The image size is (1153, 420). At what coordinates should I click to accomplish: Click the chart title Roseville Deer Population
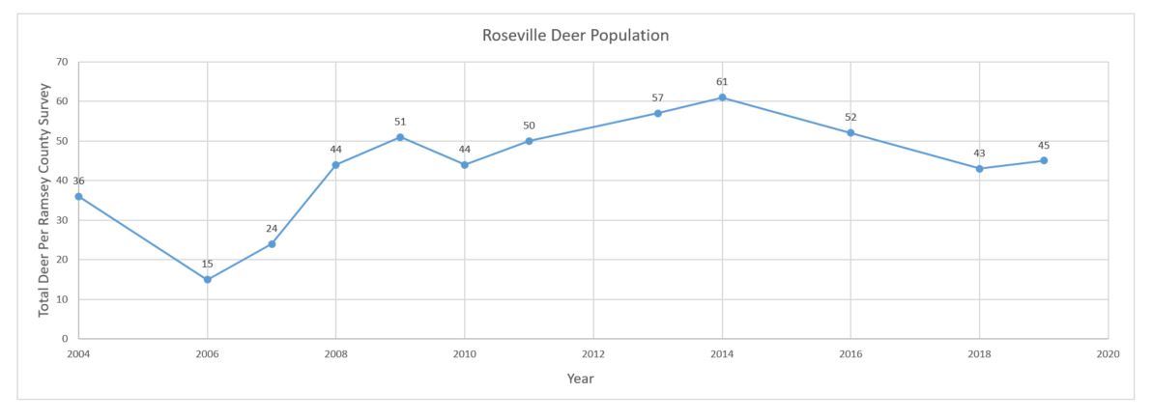tap(576, 36)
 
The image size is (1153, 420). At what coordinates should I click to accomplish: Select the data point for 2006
tap(208, 280)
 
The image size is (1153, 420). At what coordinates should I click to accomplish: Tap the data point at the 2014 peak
tap(722, 98)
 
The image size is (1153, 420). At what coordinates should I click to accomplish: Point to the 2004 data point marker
tap(79, 197)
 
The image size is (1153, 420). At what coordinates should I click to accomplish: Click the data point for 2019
tap(1044, 160)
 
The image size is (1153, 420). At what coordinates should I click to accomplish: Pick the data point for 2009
tap(400, 137)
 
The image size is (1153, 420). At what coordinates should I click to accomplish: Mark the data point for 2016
tap(850, 133)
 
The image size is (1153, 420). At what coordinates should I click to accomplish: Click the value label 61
tap(722, 82)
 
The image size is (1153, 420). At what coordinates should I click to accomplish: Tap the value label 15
tap(208, 264)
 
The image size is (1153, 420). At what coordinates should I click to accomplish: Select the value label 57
tap(658, 98)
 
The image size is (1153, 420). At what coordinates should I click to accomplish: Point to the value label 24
tap(272, 229)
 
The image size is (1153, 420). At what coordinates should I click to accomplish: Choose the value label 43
tap(979, 154)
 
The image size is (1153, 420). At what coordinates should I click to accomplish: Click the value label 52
tap(850, 118)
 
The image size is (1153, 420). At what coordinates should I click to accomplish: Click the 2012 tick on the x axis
tap(593, 354)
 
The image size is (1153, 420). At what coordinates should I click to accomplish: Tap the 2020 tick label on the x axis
tap(1108, 354)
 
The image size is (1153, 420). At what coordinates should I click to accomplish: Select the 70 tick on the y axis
tap(63, 62)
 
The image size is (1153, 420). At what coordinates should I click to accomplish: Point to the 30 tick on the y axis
tap(63, 220)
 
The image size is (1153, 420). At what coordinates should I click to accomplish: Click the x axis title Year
tap(580, 378)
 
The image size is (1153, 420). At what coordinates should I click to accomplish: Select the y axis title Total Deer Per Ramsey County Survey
tap(44, 200)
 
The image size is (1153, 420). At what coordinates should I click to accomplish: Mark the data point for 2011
tap(529, 141)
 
